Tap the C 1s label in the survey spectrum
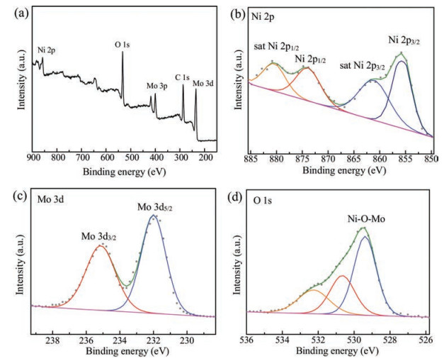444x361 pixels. pyautogui.click(x=182, y=77)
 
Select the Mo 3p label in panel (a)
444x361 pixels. pyautogui.click(x=156, y=87)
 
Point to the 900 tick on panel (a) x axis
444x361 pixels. pyautogui.click(x=33, y=157)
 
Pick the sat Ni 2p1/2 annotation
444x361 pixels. pyautogui.click(x=275, y=47)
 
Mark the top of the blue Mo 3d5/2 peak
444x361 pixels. pyautogui.click(x=154, y=215)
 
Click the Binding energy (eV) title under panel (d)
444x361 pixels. pyautogui.click(x=338, y=352)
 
